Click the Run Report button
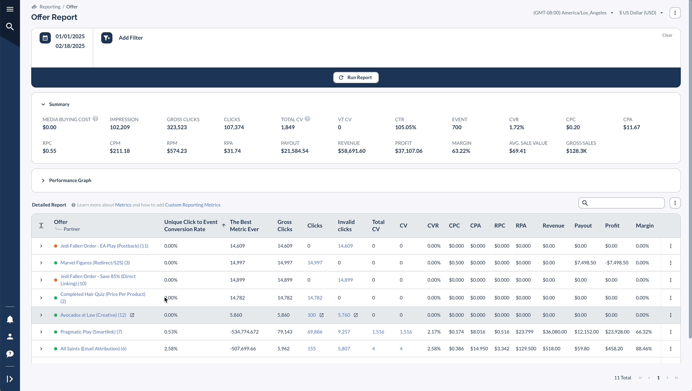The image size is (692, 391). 356,77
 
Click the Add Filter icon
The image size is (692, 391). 107,38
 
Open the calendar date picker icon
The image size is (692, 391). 45,38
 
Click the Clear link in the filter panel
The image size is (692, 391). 667,35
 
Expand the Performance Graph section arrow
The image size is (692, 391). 43,181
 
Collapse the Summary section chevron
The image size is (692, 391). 43,104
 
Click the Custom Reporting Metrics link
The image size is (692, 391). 193,205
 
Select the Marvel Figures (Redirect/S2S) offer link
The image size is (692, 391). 95,263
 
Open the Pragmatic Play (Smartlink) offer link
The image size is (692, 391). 91,332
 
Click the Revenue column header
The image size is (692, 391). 553,226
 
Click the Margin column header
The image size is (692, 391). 644,226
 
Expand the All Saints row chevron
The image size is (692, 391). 41,349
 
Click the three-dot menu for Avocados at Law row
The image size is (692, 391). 671,315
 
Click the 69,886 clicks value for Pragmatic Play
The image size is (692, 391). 315,332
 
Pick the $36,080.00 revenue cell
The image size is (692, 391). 555,332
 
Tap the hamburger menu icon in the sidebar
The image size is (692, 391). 10,9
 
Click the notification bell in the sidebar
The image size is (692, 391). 10,319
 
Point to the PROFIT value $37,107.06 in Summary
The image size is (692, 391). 408,151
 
